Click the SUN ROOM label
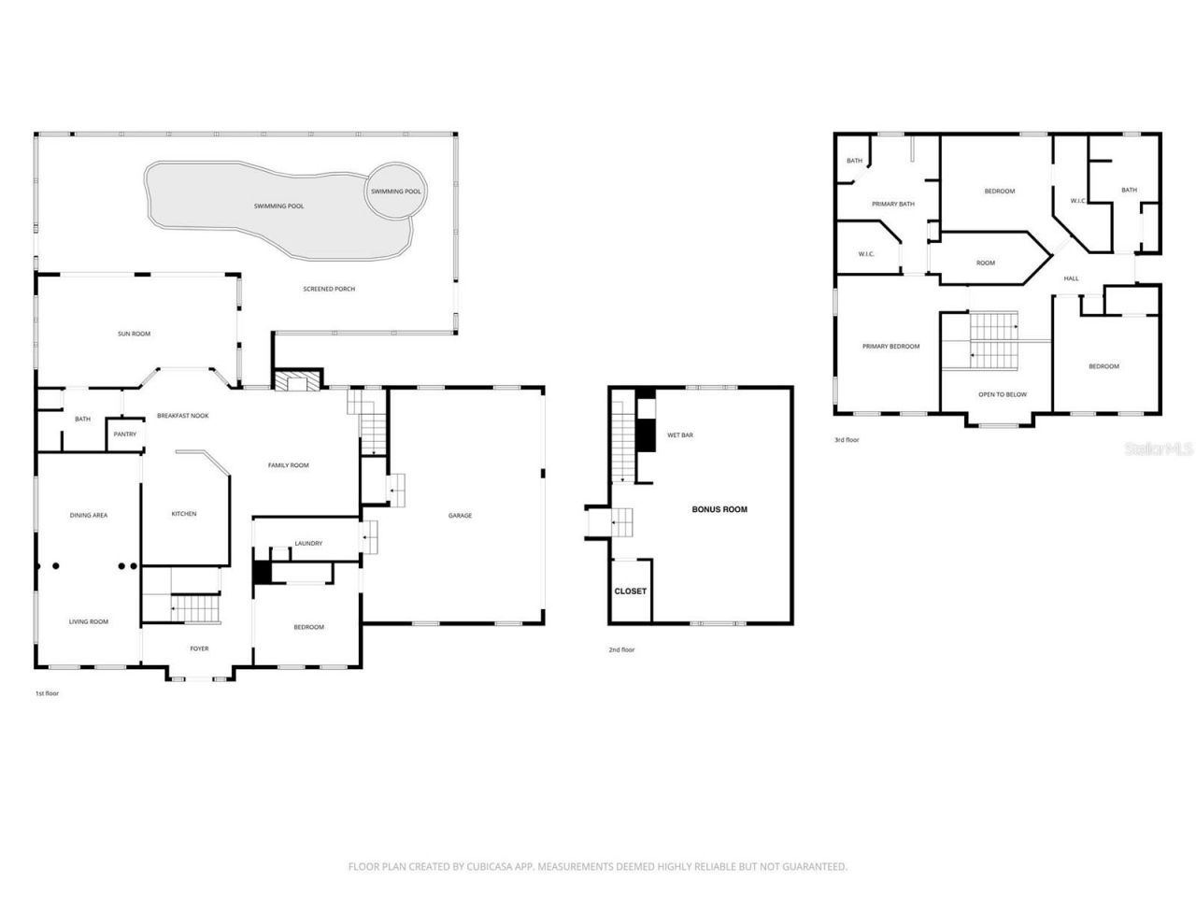coord(134,334)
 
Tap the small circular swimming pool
coord(395,191)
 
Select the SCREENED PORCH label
coord(329,289)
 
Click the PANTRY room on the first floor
coord(124,434)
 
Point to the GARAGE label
coord(460,515)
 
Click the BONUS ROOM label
coord(719,509)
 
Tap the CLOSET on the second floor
coord(630,591)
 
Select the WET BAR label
coord(679,435)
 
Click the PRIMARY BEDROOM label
coord(890,347)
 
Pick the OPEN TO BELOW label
coord(1002,394)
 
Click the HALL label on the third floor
coord(1071,278)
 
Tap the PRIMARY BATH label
coord(892,204)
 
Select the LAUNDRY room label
coord(308,543)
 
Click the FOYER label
coord(199,648)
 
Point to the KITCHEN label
coord(184,514)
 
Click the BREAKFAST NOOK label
coord(182,415)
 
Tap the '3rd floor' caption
coord(847,439)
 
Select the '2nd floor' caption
coord(621,649)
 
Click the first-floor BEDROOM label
coord(308,627)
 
